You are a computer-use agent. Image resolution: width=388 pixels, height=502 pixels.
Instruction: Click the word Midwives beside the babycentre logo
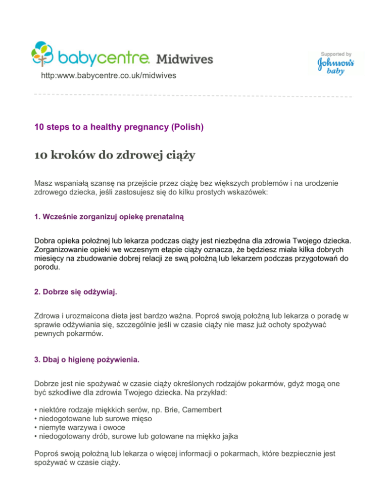(x=184, y=59)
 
